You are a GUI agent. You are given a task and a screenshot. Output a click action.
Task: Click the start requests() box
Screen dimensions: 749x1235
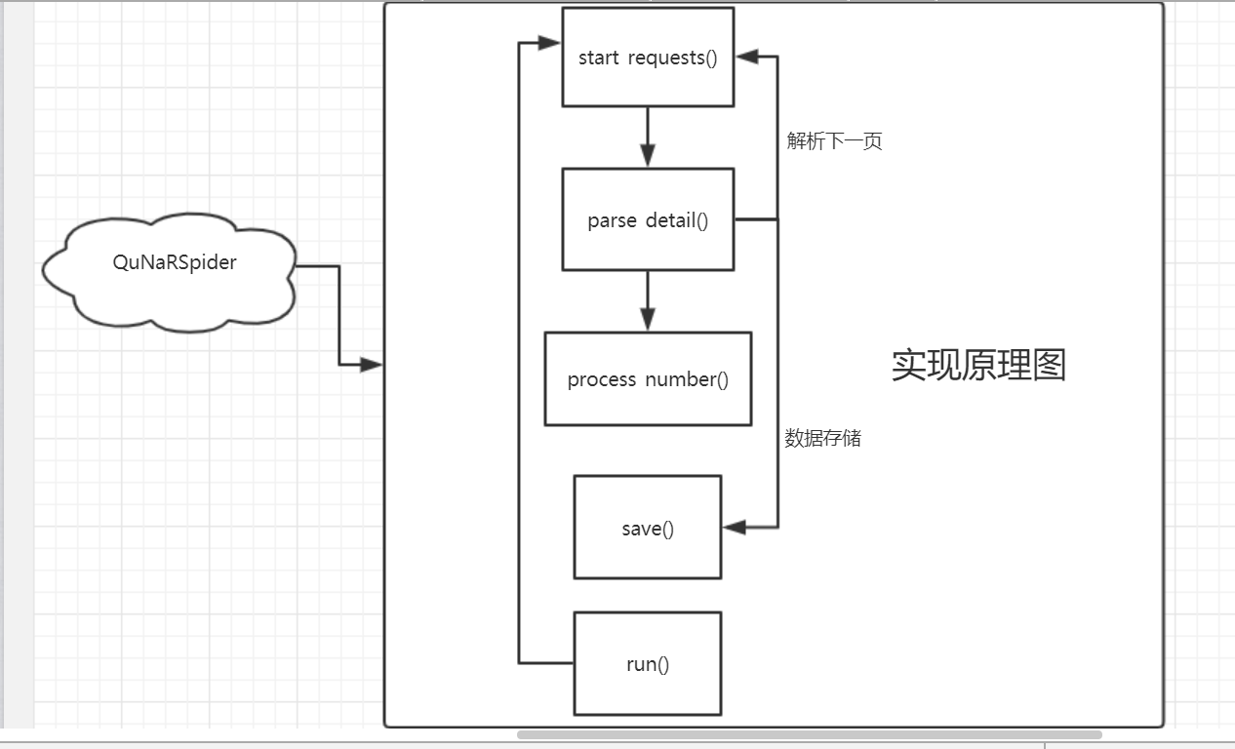pyautogui.click(x=648, y=57)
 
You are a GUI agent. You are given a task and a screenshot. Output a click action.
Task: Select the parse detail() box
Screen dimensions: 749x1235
pyautogui.click(x=648, y=219)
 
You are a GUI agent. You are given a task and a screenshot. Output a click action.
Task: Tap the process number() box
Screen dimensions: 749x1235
pyautogui.click(x=648, y=378)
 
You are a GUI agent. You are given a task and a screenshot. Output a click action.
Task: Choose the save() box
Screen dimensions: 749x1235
pyautogui.click(x=648, y=528)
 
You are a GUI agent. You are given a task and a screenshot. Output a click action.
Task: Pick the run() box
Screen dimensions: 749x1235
pyautogui.click(x=648, y=664)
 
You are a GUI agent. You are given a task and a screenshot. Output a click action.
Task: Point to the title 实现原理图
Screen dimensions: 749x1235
pyautogui.click(x=978, y=365)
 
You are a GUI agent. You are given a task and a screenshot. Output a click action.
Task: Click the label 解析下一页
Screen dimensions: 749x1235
pyautogui.click(x=835, y=141)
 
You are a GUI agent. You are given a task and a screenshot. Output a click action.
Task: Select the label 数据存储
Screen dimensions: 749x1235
pyautogui.click(x=823, y=438)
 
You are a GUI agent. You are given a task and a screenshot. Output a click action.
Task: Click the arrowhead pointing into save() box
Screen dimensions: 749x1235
pyautogui.click(x=735, y=528)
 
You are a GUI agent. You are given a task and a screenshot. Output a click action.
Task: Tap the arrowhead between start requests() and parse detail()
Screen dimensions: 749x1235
pyautogui.click(x=648, y=155)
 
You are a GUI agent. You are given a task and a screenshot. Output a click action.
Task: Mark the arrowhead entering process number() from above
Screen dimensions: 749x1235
pyautogui.click(x=648, y=319)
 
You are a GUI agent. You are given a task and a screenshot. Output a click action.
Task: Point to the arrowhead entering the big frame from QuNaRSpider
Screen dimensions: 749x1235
pyautogui.click(x=371, y=365)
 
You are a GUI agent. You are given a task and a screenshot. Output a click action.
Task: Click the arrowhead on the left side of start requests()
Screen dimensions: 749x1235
pyautogui.click(x=550, y=43)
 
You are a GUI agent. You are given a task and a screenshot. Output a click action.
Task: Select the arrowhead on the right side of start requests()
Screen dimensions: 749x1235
pyautogui.click(x=747, y=57)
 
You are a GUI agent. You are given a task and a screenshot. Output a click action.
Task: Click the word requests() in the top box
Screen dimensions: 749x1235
pyautogui.click(x=672, y=58)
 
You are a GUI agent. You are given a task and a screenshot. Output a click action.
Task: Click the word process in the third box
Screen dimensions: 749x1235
pyautogui.click(x=602, y=379)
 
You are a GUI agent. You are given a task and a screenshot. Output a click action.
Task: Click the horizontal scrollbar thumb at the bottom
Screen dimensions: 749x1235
pyautogui.click(x=810, y=734)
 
